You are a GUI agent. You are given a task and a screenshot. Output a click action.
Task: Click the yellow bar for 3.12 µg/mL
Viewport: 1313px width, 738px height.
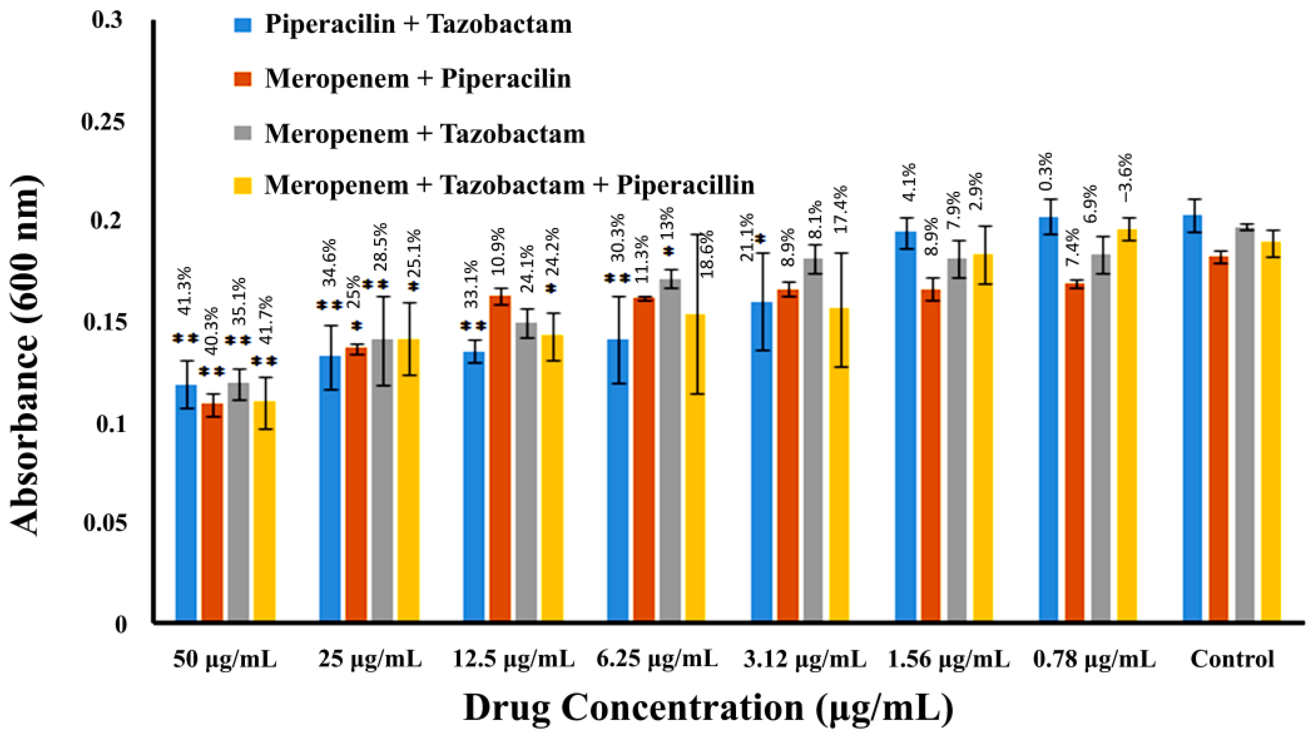pyautogui.click(x=839, y=464)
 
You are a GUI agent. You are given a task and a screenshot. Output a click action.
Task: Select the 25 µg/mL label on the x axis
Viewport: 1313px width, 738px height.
pyautogui.click(x=370, y=660)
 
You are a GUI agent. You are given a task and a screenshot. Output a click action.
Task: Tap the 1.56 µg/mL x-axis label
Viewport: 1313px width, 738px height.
pyautogui.click(x=949, y=660)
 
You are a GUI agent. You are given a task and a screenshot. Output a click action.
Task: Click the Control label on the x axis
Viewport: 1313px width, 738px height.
pyautogui.click(x=1232, y=660)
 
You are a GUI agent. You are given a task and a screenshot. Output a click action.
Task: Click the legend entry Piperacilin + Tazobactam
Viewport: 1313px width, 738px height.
pyautogui.click(x=418, y=25)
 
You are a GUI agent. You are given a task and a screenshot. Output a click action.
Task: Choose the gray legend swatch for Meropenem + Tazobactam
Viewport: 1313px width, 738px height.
pyautogui.click(x=243, y=133)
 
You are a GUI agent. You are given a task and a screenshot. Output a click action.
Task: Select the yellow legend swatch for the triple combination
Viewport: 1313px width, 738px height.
pyautogui.click(x=243, y=185)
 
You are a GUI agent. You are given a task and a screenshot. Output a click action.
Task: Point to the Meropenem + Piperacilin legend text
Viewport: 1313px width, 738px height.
pyautogui.click(x=418, y=79)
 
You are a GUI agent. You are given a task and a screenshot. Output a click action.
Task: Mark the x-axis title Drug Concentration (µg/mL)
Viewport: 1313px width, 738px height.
pyautogui.click(x=708, y=708)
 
